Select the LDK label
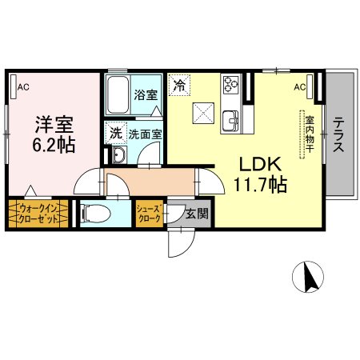coord(256,163)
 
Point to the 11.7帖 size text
coord(256,184)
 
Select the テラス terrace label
coord(339,136)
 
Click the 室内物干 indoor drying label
coord(308,136)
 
